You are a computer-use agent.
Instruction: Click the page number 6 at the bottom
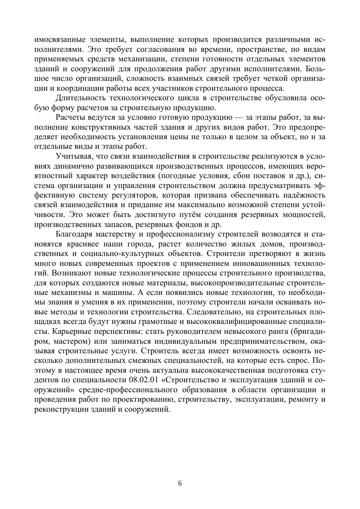[x=180, y=483]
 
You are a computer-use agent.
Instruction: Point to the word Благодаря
[x=74, y=234]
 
